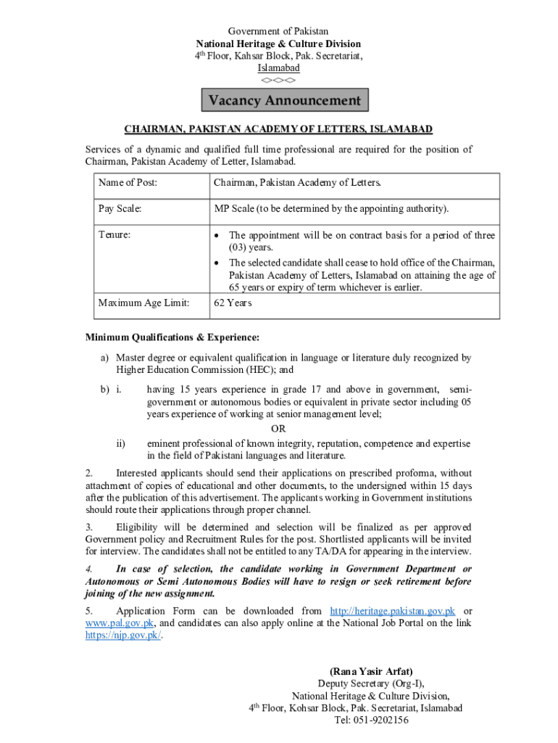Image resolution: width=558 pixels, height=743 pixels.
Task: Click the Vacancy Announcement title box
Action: point(284,100)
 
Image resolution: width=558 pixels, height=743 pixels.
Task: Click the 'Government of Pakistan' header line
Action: point(278,31)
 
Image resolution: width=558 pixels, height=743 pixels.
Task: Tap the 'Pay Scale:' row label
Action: point(120,209)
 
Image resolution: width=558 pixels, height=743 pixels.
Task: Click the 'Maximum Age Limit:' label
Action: point(143,303)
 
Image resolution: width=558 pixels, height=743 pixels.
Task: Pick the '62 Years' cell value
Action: point(233,303)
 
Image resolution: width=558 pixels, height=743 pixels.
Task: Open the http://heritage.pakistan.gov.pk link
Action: point(392,611)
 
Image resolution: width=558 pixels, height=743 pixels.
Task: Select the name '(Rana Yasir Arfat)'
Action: point(371,672)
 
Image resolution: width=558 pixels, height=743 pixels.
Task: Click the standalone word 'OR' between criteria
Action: point(278,429)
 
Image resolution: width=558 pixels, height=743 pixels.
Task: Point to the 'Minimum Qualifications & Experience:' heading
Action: point(172,337)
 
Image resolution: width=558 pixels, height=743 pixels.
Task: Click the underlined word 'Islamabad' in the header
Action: point(278,67)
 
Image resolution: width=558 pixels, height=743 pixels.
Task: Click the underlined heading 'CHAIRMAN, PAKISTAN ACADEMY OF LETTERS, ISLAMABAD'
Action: point(278,129)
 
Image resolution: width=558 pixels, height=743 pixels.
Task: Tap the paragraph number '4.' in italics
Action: point(89,569)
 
